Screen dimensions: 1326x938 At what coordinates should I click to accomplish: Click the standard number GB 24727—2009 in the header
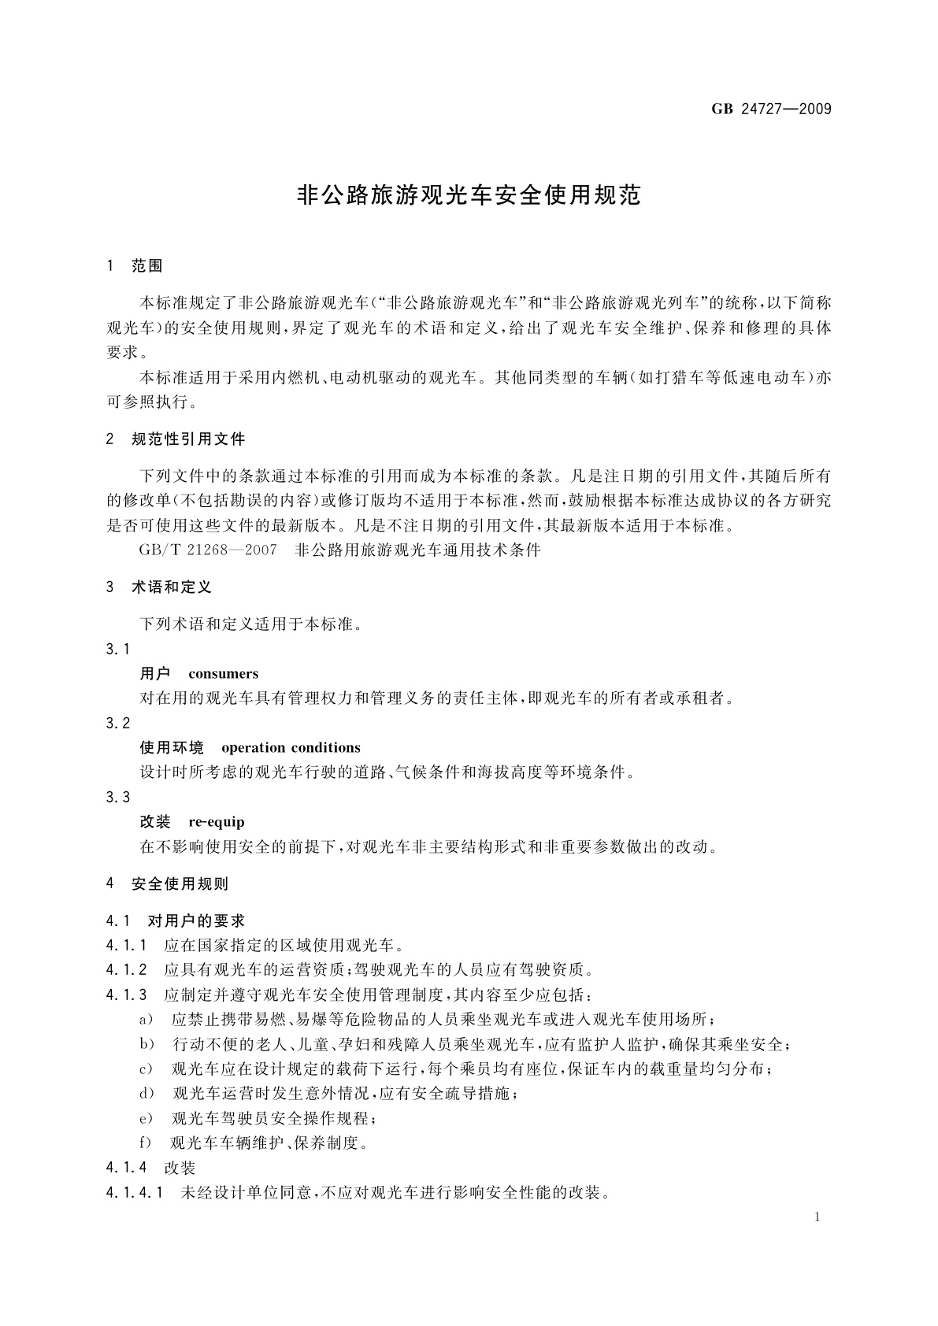[771, 109]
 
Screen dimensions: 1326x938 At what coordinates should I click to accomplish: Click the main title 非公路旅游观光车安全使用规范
[469, 195]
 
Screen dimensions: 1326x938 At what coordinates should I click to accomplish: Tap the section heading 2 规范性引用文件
[176, 439]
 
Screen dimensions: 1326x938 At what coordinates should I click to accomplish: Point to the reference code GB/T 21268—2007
[208, 550]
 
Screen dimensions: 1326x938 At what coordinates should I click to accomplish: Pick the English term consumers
[224, 674]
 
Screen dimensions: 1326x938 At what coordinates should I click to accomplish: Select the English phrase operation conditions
[291, 748]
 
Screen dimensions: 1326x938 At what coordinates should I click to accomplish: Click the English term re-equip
[217, 822]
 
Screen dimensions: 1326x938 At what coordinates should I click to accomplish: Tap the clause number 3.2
[117, 723]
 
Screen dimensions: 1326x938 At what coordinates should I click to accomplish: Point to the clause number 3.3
[117, 797]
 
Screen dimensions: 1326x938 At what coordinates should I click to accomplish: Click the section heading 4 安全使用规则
[167, 883]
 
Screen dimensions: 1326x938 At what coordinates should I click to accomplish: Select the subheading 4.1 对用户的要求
[175, 920]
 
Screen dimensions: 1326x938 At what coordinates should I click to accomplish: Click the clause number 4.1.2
[126, 969]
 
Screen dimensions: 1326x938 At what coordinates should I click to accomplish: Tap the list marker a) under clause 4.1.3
[146, 1020]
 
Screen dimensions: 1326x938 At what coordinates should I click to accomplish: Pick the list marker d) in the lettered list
[146, 1094]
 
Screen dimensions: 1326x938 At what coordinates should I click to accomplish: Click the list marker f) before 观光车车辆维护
[145, 1143]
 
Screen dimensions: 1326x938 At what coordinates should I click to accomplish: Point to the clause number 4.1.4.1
[134, 1192]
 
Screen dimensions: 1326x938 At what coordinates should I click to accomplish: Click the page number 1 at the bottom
[818, 1217]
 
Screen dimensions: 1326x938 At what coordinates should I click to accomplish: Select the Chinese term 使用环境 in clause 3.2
[172, 748]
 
